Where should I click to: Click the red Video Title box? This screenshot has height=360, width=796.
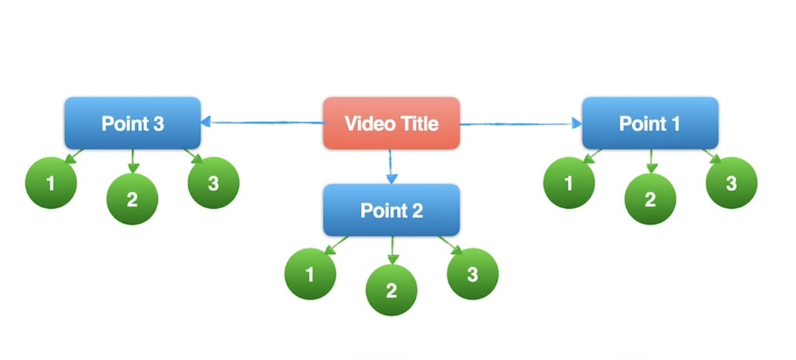coord(391,123)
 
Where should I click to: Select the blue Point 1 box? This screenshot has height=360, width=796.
coord(650,123)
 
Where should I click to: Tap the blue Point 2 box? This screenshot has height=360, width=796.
coord(391,210)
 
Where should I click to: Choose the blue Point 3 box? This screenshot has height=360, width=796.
coord(133,123)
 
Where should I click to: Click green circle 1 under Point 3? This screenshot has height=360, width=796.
coord(50,183)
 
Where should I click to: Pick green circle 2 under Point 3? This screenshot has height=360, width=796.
coord(133,199)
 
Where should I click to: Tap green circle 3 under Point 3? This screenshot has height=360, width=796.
coord(214,183)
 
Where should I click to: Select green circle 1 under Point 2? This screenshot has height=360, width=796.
coord(310,274)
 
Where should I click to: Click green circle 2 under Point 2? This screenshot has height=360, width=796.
coord(391,290)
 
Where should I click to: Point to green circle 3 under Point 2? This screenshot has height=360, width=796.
coord(472,274)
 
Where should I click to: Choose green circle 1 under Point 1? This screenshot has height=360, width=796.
coord(568,183)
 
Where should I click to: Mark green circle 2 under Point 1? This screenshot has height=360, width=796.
coord(650,199)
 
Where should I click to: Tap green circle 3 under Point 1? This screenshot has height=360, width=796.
coord(731,183)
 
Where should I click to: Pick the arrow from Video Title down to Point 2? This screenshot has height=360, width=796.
coord(391,167)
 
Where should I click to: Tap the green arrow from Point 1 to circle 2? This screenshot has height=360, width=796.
coord(650,160)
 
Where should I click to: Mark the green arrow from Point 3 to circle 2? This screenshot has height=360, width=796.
coord(133,160)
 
